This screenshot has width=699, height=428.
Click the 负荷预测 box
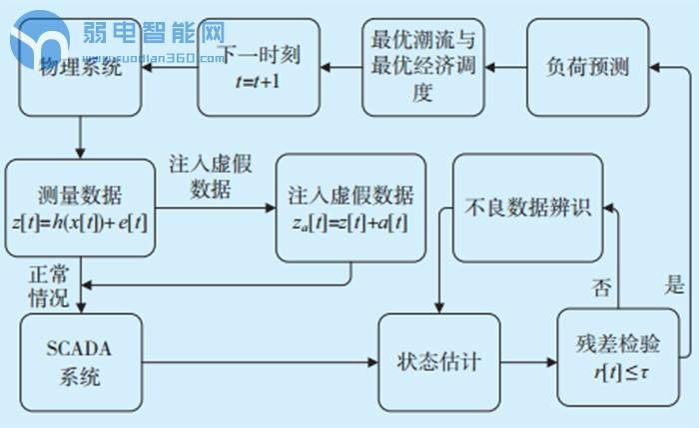[587, 67]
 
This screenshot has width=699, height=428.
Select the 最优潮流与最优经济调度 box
[422, 67]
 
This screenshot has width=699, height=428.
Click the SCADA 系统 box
[82, 361]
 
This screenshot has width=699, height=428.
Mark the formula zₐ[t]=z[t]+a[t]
[350, 222]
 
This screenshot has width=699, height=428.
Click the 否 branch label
[601, 289]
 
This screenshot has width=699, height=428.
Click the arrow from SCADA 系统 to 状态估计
[260, 361]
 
